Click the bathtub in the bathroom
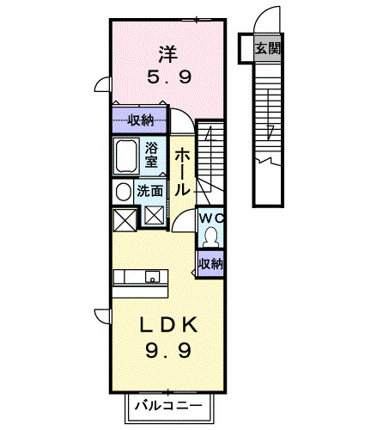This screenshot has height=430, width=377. [x=128, y=155]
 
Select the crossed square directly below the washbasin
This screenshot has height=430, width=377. [x=124, y=218]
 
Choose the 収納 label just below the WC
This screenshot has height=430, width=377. [x=210, y=263]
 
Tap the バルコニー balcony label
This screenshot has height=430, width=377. [x=167, y=405]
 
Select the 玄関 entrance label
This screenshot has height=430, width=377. [x=267, y=48]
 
